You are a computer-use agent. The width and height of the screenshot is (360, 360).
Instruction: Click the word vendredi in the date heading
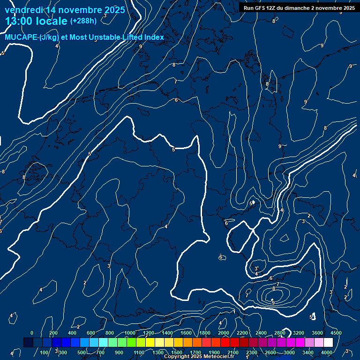23,10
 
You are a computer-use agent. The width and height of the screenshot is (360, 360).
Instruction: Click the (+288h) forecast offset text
83,21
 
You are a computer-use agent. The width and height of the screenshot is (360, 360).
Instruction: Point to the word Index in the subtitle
153,37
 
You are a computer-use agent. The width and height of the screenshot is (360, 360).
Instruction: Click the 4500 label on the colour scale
336,333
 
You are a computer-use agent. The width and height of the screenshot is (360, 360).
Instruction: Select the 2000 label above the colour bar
224,333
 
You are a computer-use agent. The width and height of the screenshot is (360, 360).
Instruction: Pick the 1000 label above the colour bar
129,333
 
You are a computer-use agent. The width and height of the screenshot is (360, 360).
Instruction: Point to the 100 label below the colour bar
44,352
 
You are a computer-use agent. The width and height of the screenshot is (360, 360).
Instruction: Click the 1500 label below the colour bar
177,352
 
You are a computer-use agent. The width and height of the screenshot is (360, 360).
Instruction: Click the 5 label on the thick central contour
173,150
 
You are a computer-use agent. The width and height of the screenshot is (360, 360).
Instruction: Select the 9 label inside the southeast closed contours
273,303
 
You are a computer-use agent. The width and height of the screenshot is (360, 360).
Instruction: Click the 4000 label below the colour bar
328,352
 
